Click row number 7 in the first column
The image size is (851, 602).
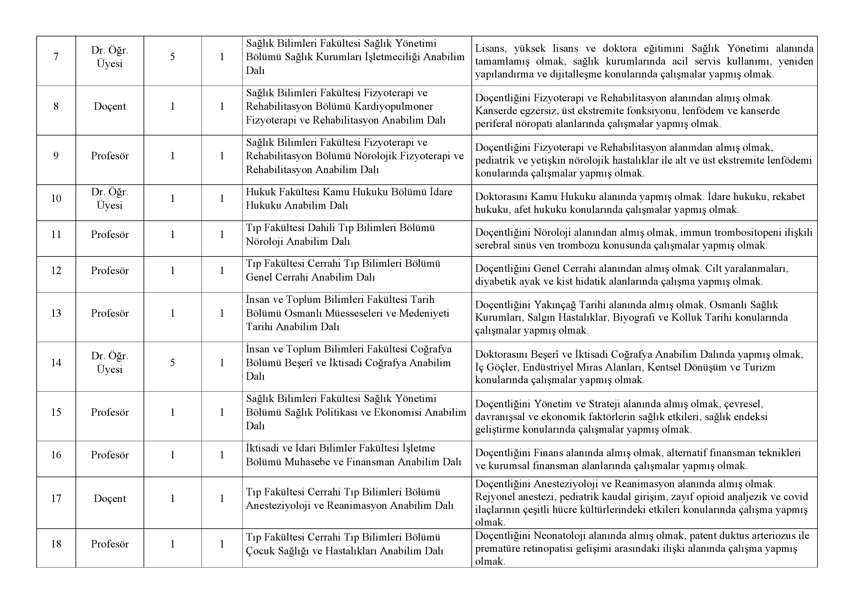click(56, 57)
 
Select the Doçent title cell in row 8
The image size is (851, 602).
click(110, 106)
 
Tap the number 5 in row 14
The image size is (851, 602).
click(172, 362)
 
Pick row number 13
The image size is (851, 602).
click(56, 313)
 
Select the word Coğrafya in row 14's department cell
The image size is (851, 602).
click(431, 349)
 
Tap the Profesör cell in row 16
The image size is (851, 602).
click(110, 455)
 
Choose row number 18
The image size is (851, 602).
click(56, 544)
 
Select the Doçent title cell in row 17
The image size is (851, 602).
click(110, 499)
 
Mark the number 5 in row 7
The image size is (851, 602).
click(172, 57)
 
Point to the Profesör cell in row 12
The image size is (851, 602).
click(110, 271)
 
